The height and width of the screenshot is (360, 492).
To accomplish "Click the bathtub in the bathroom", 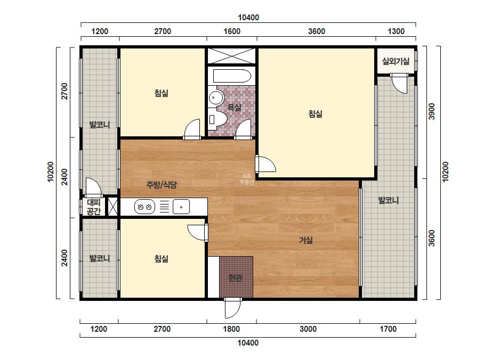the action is (232, 76).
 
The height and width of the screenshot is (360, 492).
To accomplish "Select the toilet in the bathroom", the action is (217, 119).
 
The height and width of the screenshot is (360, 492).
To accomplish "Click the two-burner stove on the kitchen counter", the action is (144, 207).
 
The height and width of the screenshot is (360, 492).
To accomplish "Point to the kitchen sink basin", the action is (181, 207).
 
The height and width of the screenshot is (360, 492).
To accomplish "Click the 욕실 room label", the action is (234, 108).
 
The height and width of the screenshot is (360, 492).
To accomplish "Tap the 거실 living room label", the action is (305, 240).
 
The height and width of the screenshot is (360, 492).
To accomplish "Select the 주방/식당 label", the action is (162, 184).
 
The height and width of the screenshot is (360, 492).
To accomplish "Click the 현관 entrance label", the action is (235, 277).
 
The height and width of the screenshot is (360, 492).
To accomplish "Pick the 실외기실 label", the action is (396, 61).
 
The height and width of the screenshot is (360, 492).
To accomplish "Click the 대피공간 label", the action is (93, 207).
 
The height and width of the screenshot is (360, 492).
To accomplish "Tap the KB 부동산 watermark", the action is (247, 179).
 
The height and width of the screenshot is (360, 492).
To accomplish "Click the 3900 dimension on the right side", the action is (432, 111).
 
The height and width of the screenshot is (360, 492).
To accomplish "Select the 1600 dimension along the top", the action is (232, 31).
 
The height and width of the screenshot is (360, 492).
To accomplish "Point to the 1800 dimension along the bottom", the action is (231, 329).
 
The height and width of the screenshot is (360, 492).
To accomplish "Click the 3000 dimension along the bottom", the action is (308, 329).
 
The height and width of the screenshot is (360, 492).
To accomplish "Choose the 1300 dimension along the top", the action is (396, 31).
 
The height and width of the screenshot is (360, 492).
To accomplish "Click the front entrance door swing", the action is (233, 308).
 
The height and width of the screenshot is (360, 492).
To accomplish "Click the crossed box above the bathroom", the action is (231, 56).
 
